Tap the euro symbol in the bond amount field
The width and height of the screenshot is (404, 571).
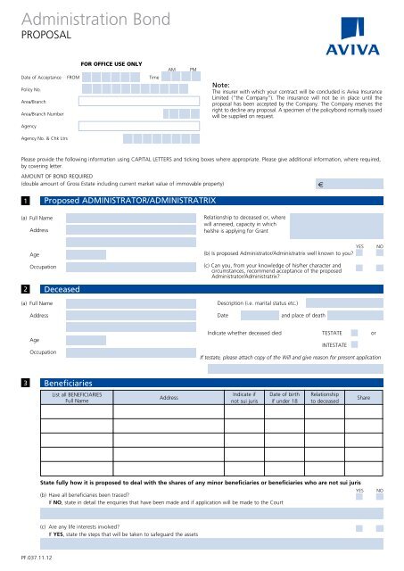[x=320, y=185]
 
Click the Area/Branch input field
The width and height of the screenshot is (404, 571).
[x=143, y=102]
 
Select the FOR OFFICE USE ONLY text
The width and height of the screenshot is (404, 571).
[x=111, y=64]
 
